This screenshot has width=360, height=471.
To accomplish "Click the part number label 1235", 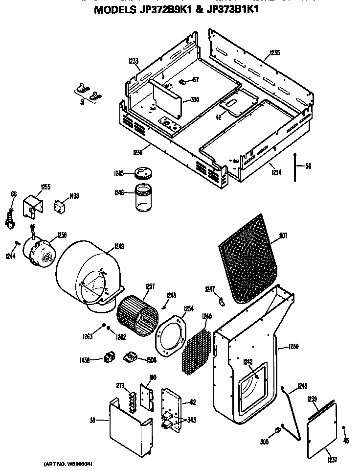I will [274, 53].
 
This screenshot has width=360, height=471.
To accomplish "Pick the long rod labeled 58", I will [295, 167].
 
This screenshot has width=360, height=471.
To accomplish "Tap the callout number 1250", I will [293, 347].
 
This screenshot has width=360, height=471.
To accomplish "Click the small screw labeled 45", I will [345, 428].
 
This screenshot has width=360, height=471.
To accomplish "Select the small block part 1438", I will [60, 206].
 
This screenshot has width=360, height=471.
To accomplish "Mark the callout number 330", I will [195, 100].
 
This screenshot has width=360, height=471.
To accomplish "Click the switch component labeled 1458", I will [109, 359].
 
